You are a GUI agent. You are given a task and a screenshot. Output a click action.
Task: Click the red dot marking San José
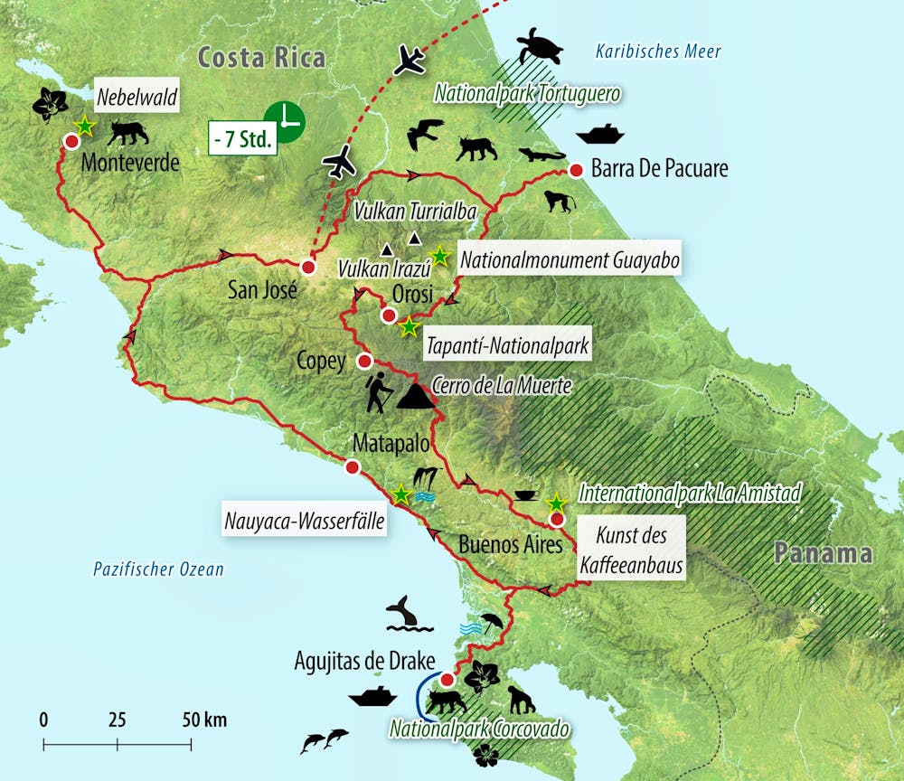point(308,268)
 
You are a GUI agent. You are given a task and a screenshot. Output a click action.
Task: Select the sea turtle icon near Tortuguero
point(539,47)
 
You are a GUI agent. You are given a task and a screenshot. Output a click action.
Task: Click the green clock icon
point(284,121)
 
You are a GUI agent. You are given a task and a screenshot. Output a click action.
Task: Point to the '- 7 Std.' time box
point(242,138)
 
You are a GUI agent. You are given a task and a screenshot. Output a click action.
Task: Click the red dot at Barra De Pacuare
point(575,170)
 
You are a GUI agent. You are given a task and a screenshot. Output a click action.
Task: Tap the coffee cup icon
point(525,494)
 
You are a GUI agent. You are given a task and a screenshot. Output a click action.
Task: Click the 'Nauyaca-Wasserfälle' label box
point(305,521)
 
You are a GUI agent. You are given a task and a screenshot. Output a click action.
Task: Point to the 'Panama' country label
point(823,553)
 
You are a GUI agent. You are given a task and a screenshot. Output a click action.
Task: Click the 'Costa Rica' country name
point(260,59)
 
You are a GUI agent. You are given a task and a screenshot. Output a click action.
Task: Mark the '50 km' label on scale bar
point(203,720)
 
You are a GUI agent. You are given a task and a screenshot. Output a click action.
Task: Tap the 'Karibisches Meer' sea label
point(658,52)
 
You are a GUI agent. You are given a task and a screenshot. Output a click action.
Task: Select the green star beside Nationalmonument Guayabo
point(439,256)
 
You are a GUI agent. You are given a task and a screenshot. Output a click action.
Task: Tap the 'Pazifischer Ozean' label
point(158,569)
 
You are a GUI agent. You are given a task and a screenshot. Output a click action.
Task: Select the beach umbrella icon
point(492,622)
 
